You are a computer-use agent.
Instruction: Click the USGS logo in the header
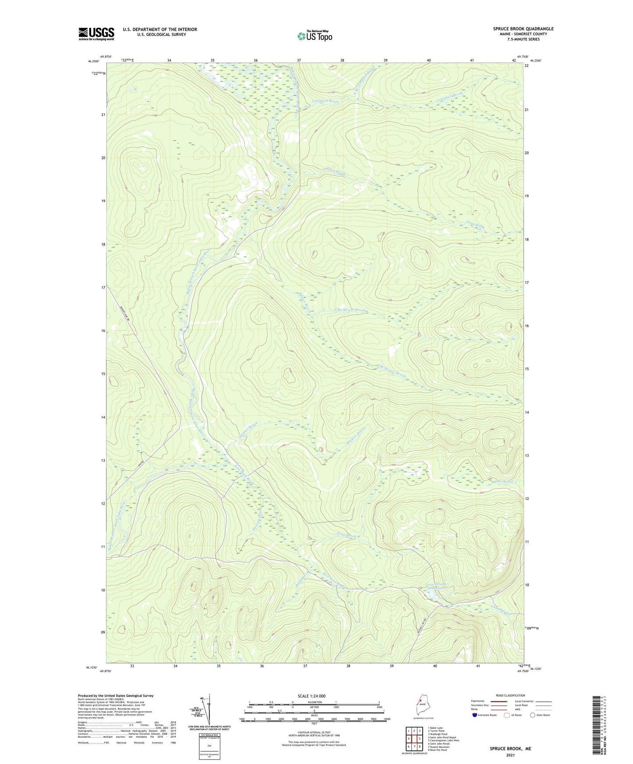[x=96, y=34]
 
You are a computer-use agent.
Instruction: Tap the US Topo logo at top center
[x=315, y=36]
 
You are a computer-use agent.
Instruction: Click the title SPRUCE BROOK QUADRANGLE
[x=523, y=29]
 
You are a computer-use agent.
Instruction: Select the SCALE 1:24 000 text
[x=311, y=696]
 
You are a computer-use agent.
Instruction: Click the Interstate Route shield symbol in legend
[x=474, y=715]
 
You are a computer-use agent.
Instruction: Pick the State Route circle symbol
[x=533, y=715]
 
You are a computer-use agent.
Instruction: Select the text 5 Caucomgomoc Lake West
[x=443, y=740]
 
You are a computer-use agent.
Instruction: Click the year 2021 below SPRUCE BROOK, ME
[x=510, y=755]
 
